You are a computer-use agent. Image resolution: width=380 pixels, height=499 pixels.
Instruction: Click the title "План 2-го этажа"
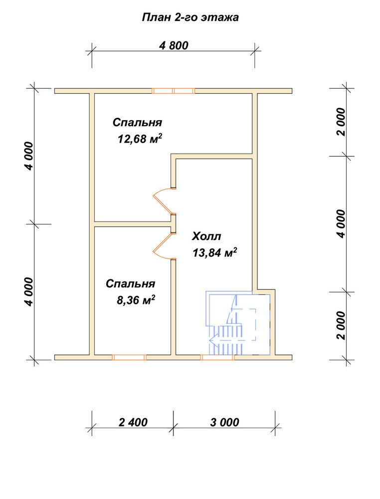[x=190, y=17]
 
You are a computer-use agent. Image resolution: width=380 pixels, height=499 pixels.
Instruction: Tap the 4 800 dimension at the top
[x=174, y=45]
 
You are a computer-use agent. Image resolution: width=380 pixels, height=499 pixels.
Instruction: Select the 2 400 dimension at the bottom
[x=133, y=422]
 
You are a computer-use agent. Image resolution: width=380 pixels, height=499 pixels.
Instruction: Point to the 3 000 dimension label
[x=224, y=422]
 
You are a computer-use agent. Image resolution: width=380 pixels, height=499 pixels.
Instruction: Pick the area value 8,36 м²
[x=136, y=300]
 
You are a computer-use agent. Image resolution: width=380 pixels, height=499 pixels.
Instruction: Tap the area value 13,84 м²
[x=214, y=252]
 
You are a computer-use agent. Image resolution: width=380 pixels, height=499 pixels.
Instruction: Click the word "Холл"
[x=206, y=237]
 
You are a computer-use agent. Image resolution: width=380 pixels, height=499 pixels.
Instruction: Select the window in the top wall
[x=174, y=91]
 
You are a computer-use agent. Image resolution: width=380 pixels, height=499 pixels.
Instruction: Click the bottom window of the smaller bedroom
[x=129, y=357]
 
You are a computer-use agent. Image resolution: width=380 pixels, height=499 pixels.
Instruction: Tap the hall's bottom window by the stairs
[x=217, y=357]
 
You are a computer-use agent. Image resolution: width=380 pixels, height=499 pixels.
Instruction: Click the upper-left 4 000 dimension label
[x=29, y=156]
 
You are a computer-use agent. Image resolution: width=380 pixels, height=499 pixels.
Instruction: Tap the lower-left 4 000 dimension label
[x=29, y=291]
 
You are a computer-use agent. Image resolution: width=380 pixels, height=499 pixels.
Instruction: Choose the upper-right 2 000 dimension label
[x=341, y=122]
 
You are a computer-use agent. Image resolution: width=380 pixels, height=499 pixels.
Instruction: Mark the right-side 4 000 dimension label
[x=341, y=224]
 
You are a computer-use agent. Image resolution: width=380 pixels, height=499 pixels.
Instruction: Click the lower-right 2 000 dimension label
[x=341, y=325]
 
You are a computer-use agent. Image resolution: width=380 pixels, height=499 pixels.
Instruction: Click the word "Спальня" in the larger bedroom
[x=137, y=123]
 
